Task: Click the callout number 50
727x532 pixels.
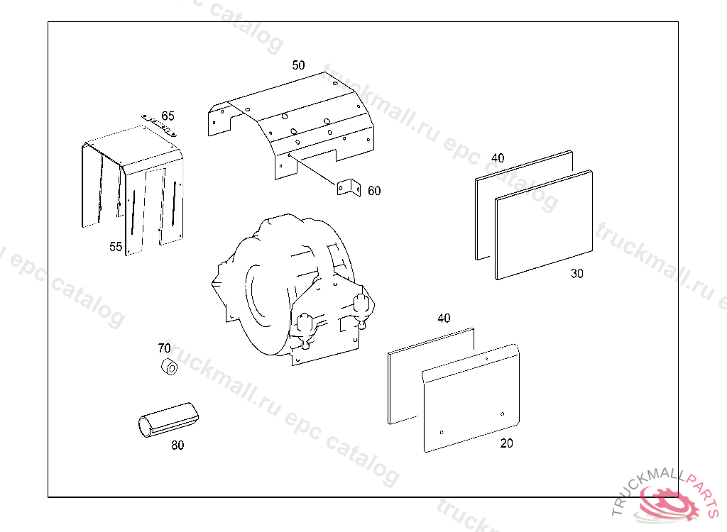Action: (x=298, y=65)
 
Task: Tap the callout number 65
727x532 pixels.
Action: (x=168, y=116)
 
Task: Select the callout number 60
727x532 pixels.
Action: (x=374, y=191)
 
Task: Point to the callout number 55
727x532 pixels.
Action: (x=116, y=247)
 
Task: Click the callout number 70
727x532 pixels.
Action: (x=164, y=348)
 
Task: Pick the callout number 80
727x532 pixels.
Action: (x=177, y=445)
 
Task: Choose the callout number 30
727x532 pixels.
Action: (x=577, y=274)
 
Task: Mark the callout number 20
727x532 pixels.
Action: (x=506, y=444)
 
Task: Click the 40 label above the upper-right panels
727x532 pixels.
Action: (x=498, y=158)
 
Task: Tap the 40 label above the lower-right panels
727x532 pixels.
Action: (x=444, y=318)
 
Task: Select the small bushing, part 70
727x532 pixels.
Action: (x=169, y=368)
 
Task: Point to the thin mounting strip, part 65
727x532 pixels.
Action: (x=159, y=125)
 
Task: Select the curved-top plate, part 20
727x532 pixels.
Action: (x=470, y=397)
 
